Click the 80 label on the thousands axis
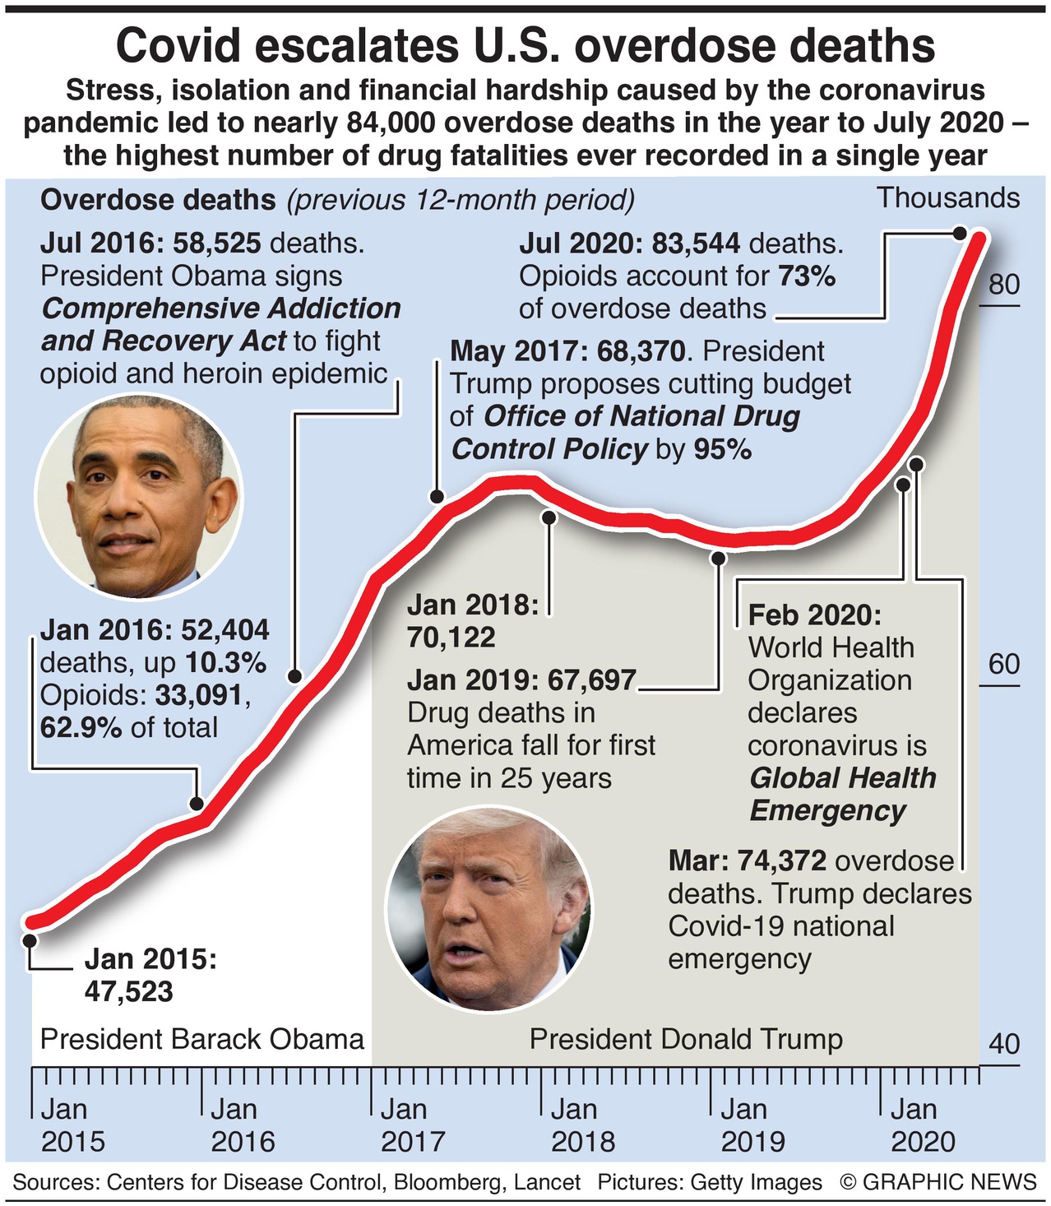tap(1003, 285)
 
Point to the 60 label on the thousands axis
tap(1003, 664)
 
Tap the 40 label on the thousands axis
tap(1003, 1044)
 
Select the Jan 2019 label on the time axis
tap(752, 1125)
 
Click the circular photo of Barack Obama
tap(139, 496)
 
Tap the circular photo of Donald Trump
tap(488, 909)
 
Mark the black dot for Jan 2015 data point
tap(30, 939)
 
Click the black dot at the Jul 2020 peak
tap(959, 233)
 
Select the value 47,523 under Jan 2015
tap(129, 992)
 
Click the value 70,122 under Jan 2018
tap(451, 638)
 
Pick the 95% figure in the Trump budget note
tap(722, 449)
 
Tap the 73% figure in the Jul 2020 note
tap(807, 276)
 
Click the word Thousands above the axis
tap(947, 198)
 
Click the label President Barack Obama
tap(202, 1039)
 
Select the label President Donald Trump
tap(686, 1039)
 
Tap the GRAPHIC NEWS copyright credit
tap(938, 1182)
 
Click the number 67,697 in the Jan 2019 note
tap(591, 680)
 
